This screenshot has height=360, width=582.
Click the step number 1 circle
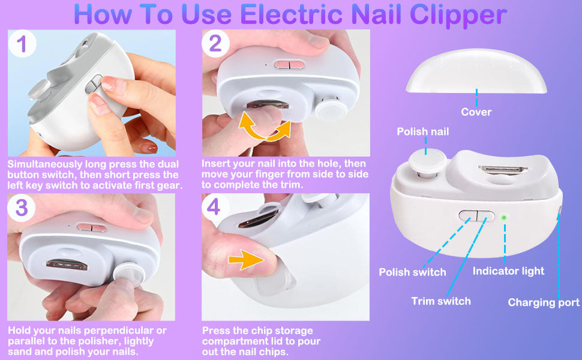pyautogui.click(x=22, y=44)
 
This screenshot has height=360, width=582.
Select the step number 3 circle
pyautogui.click(x=22, y=208)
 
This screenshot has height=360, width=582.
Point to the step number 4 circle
pyautogui.click(x=215, y=207)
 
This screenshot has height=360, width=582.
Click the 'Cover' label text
pyautogui.click(x=476, y=112)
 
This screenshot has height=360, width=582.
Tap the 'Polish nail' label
pyautogui.click(x=423, y=131)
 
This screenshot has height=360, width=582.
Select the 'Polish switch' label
pyautogui.click(x=412, y=272)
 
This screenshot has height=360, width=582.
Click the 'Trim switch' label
pyautogui.click(x=441, y=301)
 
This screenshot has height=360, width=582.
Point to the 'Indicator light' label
pyautogui.click(x=509, y=271)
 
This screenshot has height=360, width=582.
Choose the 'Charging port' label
pyautogui.click(x=544, y=303)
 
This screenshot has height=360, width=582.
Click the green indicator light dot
pyautogui.click(x=504, y=217)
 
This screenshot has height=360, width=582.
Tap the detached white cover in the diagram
pyautogui.click(x=476, y=71)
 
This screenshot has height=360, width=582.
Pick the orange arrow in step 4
pyautogui.click(x=247, y=259)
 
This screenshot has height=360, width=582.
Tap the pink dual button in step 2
pyautogui.click(x=289, y=65)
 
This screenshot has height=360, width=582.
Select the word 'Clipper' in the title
pyautogui.click(x=458, y=16)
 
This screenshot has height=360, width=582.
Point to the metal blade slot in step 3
pyautogui.click(x=67, y=265)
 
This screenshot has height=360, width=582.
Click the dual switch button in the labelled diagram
pyautogui.click(x=476, y=215)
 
